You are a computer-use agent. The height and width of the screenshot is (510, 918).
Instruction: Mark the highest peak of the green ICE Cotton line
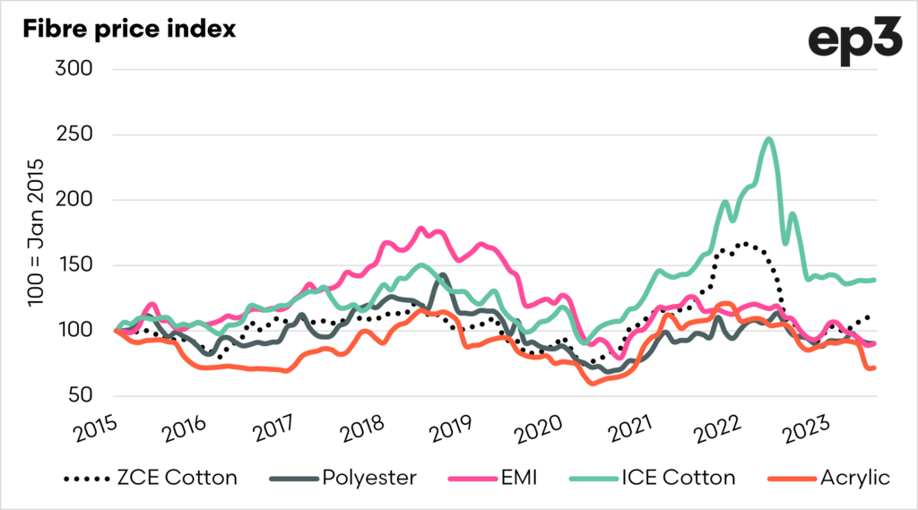coord(768,139)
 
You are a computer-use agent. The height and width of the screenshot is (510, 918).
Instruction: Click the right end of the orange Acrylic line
coord(874,367)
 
